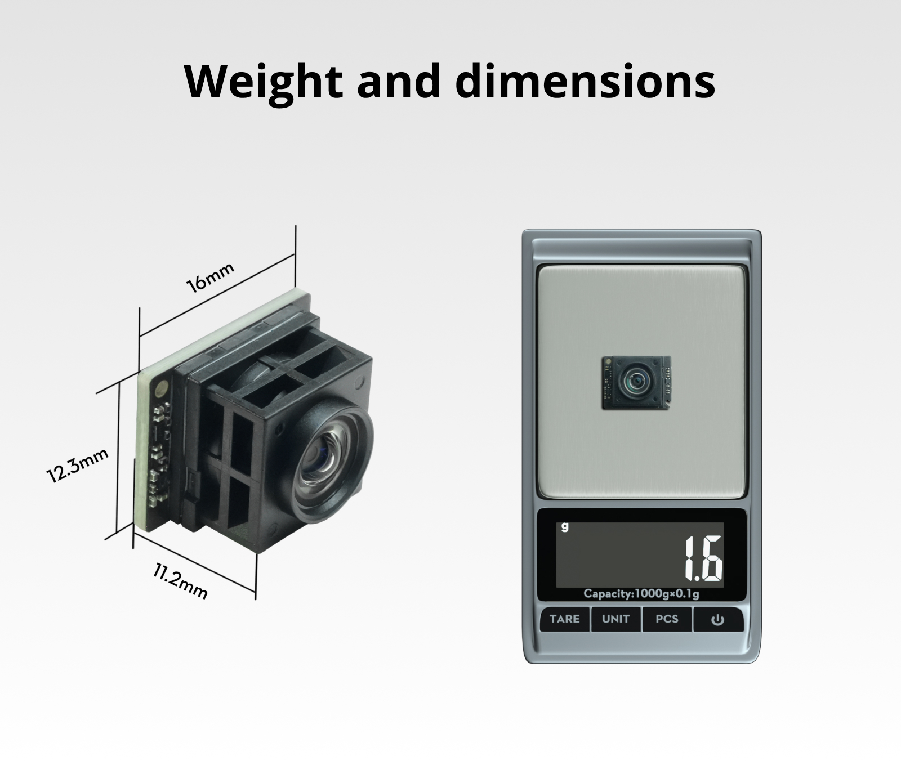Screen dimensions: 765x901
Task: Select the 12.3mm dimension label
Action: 77,465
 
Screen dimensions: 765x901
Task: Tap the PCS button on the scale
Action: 667,619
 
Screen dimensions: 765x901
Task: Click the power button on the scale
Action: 717,620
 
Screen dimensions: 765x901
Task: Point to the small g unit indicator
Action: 565,526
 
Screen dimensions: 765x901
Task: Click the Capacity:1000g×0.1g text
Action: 641,594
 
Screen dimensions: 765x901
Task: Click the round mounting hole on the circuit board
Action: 163,387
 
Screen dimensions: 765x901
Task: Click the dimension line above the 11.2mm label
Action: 194,562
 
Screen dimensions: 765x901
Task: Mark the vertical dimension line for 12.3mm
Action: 119,456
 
